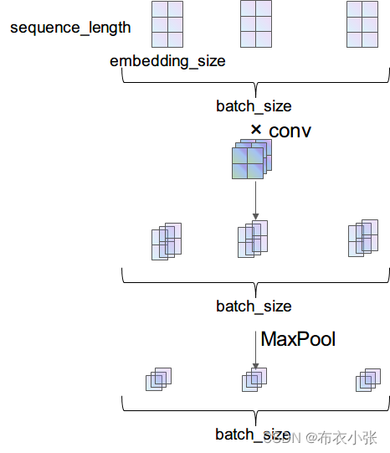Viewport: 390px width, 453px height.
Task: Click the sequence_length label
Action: [70, 28]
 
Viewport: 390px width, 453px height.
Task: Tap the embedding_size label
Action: [167, 61]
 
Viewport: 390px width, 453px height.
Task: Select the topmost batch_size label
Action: [254, 106]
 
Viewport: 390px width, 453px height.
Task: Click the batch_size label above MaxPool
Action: [254, 306]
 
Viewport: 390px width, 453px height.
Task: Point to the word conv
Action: [290, 131]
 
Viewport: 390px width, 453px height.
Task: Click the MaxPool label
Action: [298, 339]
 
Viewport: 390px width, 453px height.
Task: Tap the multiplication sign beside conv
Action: [256, 130]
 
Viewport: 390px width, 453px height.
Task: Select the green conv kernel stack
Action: [252, 159]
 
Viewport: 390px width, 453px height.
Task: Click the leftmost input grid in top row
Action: [167, 24]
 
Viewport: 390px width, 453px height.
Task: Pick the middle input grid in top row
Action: [256, 24]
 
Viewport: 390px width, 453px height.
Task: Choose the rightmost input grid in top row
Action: [362, 24]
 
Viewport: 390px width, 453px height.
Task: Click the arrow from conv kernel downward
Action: [255, 200]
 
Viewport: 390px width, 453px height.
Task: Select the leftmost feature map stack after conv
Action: [167, 241]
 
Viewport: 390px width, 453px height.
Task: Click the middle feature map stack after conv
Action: [253, 239]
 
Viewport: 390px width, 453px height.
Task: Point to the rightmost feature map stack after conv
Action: [363, 238]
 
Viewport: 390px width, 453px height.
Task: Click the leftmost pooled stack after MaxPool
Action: [158, 379]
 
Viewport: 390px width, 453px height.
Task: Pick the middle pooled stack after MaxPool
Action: [254, 379]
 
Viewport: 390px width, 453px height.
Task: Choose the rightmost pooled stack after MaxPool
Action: [368, 380]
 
